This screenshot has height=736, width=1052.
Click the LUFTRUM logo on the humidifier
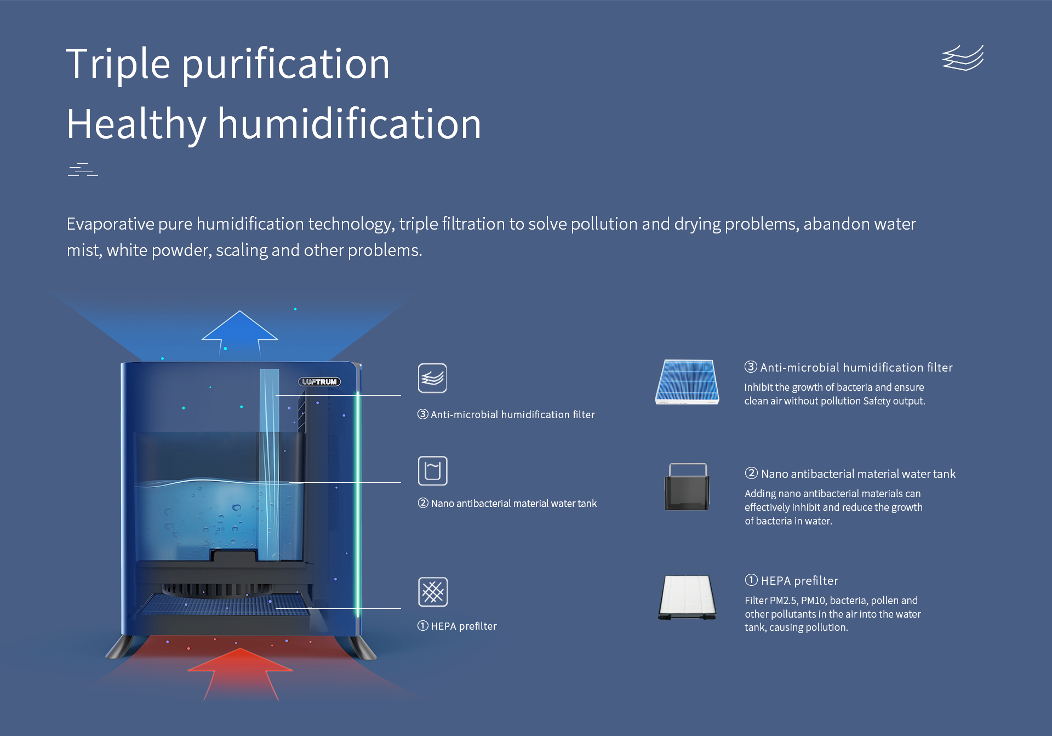(319, 381)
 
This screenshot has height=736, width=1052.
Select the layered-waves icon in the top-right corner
(963, 58)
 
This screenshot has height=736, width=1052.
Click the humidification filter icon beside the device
(432, 378)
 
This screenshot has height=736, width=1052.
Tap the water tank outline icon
(432, 471)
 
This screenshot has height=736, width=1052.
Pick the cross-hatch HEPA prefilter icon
(433, 592)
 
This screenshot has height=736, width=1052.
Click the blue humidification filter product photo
(687, 382)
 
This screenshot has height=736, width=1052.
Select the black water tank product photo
(687, 487)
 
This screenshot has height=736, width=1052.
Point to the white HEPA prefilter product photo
(687, 597)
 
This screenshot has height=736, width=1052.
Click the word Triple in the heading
(118, 65)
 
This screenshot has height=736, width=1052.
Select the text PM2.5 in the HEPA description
(784, 600)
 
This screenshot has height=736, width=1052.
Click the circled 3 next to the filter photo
(751, 367)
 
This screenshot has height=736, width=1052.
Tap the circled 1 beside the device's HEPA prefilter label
(423, 625)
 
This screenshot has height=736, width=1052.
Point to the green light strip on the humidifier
(358, 504)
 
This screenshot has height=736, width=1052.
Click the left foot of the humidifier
(121, 647)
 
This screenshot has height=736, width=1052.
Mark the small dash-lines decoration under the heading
(83, 169)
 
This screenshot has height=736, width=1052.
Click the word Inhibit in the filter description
(759, 387)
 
